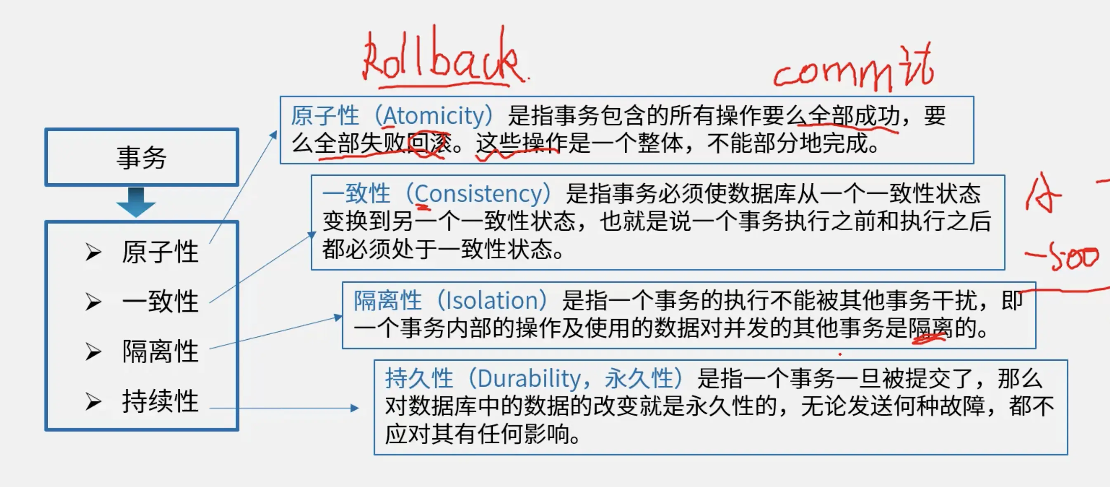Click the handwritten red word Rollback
(444, 56)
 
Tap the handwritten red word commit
(853, 69)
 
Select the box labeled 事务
(142, 157)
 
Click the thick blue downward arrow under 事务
(136, 202)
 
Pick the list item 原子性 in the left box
(160, 252)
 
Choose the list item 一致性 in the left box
(160, 301)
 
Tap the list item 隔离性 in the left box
(160, 351)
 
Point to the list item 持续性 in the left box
(160, 401)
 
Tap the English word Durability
(529, 379)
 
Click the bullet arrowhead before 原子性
(93, 252)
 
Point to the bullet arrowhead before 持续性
(93, 402)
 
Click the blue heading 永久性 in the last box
(639, 378)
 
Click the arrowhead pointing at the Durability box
(354, 408)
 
